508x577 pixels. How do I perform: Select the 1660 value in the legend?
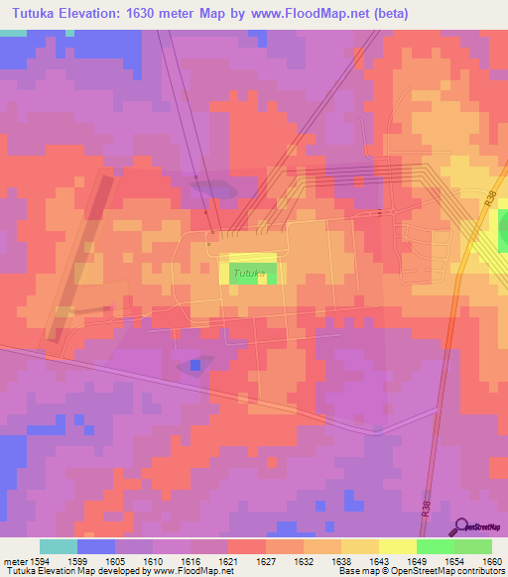(x=491, y=560)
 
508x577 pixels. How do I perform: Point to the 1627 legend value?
(x=237, y=560)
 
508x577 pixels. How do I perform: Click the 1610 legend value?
(x=152, y=560)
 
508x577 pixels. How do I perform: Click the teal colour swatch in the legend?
(x=59, y=546)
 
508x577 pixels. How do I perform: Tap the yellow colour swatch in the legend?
(x=398, y=546)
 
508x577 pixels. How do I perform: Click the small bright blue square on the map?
(x=195, y=365)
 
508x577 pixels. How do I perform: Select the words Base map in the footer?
(x=356, y=572)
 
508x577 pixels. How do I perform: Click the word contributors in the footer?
(x=476, y=572)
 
